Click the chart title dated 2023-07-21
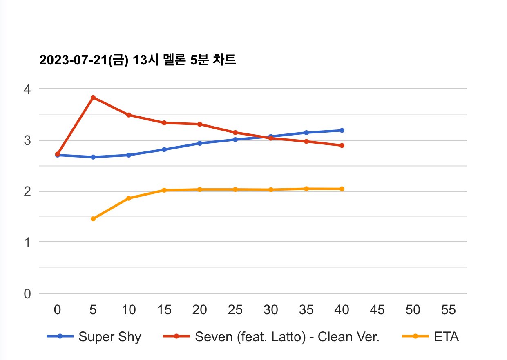coord(137,60)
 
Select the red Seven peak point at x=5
coord(93,97)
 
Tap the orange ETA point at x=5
coord(93,219)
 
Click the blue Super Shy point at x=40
coord(342,130)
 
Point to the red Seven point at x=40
coord(342,145)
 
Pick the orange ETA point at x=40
coord(342,189)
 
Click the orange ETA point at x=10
coord(129,198)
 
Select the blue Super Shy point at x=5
coord(93,157)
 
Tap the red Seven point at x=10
coord(129,115)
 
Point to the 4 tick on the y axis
coord(27,89)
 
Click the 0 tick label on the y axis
coord(27,293)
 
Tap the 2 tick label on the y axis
coord(27,191)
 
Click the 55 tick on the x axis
coord(449,310)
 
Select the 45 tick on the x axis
coord(377,310)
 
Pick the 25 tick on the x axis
coord(235,310)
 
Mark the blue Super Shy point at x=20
coord(200,143)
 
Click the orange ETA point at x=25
coord(235,189)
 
